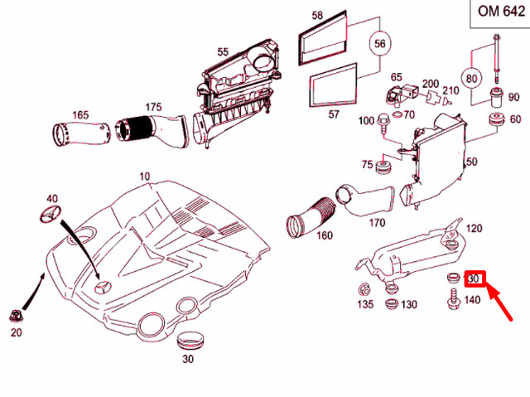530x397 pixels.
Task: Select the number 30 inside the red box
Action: tap(475, 279)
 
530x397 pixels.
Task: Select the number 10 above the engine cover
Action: tap(145, 177)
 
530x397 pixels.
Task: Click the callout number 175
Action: tap(153, 107)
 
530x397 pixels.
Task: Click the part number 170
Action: tap(377, 222)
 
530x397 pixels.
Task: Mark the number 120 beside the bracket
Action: tap(474, 228)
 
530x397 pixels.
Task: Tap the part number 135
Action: tap(365, 305)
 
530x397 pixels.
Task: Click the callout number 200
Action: tap(431, 85)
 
